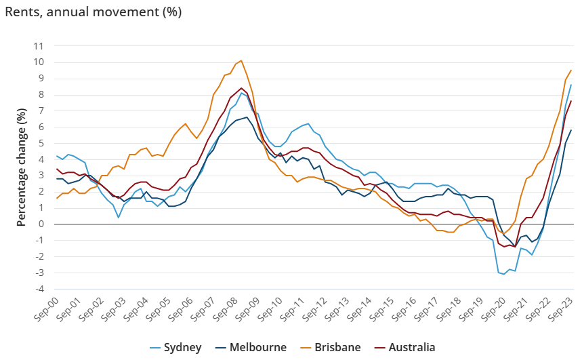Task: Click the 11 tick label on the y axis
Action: click(39, 46)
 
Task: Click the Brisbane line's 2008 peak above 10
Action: click(241, 60)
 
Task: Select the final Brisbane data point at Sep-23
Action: click(571, 70)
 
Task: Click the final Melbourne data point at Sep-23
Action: click(571, 130)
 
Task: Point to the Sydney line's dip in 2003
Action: click(119, 217)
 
